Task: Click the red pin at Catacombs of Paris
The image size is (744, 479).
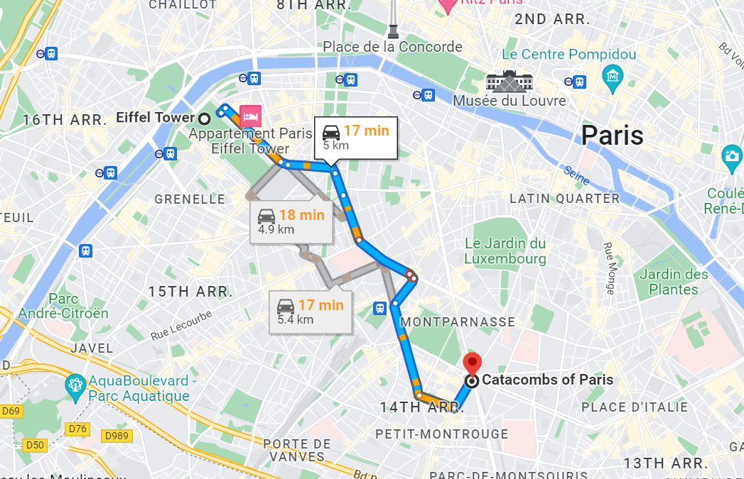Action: tap(471, 363)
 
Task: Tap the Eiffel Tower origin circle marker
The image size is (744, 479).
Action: tap(205, 118)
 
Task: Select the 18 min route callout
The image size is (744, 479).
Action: tap(292, 221)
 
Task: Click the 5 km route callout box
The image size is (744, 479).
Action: tap(355, 137)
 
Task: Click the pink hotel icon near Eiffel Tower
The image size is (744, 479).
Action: tap(251, 115)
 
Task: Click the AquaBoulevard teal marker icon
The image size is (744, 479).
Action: tap(75, 387)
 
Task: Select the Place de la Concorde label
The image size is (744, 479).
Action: tap(392, 47)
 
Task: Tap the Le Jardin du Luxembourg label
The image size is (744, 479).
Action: tap(505, 251)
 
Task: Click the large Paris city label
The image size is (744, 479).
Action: tap(612, 134)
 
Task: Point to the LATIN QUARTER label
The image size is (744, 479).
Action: tap(565, 198)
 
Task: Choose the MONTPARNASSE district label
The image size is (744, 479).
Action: tap(458, 321)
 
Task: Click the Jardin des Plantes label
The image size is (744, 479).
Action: tap(674, 282)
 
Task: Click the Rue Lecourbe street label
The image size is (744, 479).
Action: tap(181, 324)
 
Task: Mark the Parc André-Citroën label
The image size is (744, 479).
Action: tap(64, 306)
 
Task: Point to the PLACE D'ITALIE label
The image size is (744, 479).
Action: tap(635, 407)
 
